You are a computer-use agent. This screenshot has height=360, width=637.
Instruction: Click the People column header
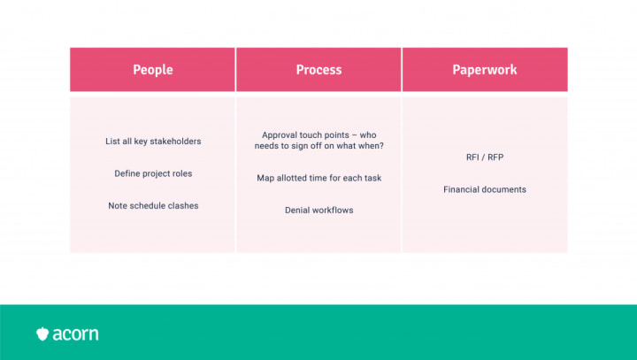(153, 70)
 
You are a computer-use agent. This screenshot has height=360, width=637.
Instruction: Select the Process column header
(318, 70)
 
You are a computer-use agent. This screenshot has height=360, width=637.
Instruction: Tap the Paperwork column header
(485, 70)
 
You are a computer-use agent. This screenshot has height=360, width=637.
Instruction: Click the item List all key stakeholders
(153, 142)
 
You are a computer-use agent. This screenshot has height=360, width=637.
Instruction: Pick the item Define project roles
(153, 173)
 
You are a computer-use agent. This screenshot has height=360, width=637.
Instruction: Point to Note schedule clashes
(153, 205)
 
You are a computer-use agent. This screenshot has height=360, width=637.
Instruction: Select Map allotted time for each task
(318, 178)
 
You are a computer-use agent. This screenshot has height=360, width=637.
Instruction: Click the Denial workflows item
(318, 210)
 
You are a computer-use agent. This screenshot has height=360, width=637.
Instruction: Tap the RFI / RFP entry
(485, 157)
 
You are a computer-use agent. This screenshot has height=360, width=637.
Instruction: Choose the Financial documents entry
(485, 189)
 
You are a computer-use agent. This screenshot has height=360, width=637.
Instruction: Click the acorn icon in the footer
(42, 333)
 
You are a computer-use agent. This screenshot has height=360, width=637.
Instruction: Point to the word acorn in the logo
(75, 334)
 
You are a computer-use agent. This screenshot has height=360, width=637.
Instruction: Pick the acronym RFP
(495, 157)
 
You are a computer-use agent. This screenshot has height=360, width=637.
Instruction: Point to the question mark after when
(381, 145)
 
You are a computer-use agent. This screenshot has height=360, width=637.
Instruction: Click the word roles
(182, 173)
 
